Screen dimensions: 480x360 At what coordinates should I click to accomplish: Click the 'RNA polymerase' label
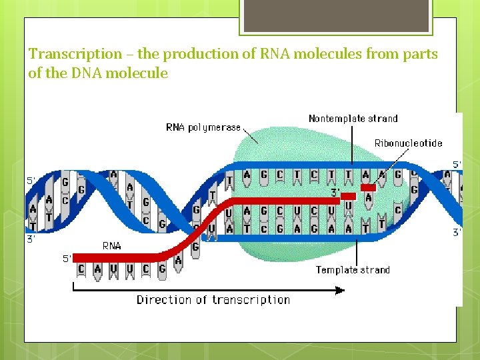pos(203,127)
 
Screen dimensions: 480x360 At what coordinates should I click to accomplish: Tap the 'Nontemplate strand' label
pos(353,119)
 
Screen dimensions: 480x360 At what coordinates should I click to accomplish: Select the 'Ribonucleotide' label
pos(408,143)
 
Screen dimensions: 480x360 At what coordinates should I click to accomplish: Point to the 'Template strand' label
pos(353,269)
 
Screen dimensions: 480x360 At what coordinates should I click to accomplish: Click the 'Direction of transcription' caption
pos(213,300)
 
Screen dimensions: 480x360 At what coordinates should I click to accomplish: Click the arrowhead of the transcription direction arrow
pos(340,290)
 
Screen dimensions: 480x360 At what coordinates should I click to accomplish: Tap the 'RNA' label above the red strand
pos(111,245)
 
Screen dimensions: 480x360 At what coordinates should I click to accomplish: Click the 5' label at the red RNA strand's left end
pos(67,259)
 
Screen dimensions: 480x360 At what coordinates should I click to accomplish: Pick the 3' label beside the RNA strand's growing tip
pos(336,193)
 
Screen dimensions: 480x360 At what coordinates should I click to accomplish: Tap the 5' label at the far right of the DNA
pos(457,164)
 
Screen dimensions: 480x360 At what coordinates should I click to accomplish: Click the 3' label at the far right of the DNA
pos(457,233)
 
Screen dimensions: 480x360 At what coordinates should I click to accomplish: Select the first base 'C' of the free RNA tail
pos(82,269)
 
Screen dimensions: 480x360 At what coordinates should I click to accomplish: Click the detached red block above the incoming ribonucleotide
pos(367,188)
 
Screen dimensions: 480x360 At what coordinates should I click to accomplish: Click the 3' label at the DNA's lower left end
pos(31,238)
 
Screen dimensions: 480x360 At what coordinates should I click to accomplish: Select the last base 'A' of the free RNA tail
pos(177,262)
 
